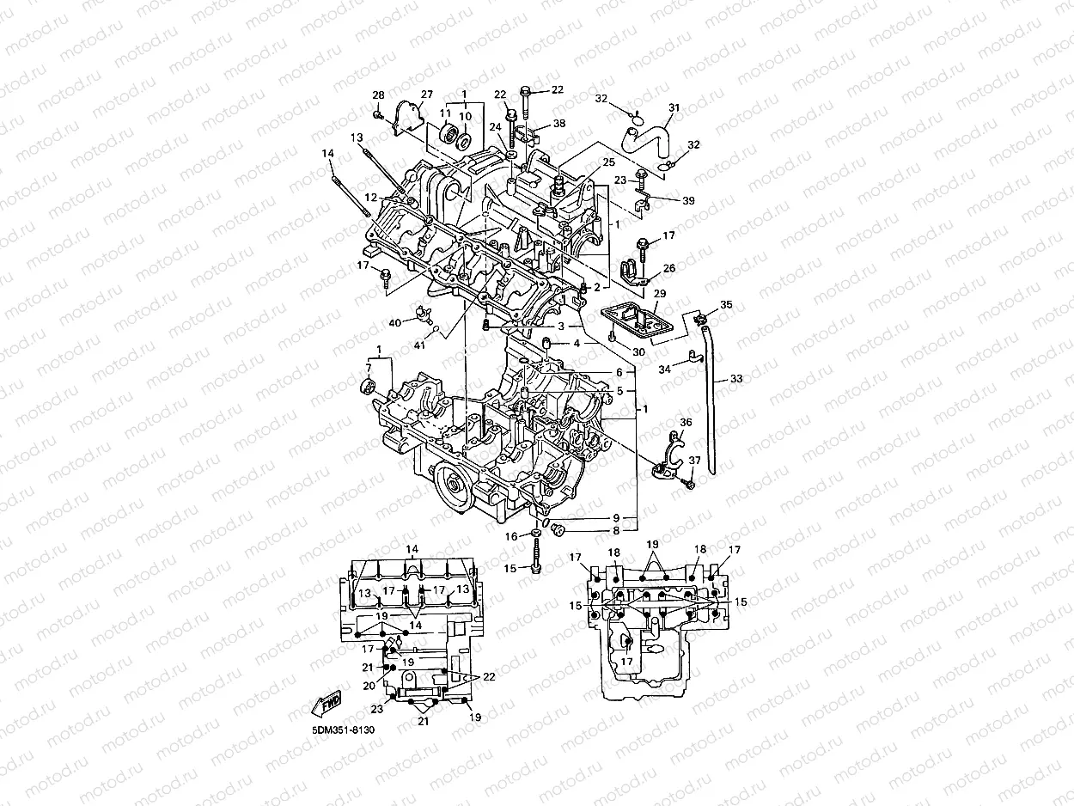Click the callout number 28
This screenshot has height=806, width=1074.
tap(378, 95)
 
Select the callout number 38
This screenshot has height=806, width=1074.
tap(559, 124)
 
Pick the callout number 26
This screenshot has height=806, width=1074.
tap(669, 268)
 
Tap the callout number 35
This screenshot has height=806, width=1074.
tap(726, 305)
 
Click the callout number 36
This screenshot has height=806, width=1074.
tap(685, 422)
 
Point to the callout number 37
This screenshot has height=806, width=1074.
tap(694, 461)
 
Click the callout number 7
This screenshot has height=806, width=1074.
tap(369, 368)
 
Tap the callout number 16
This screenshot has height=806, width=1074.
tap(511, 536)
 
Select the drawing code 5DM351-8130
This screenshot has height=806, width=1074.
tap(344, 730)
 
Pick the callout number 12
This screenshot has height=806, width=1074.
tap(369, 198)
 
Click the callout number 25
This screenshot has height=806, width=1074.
tap(608, 162)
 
